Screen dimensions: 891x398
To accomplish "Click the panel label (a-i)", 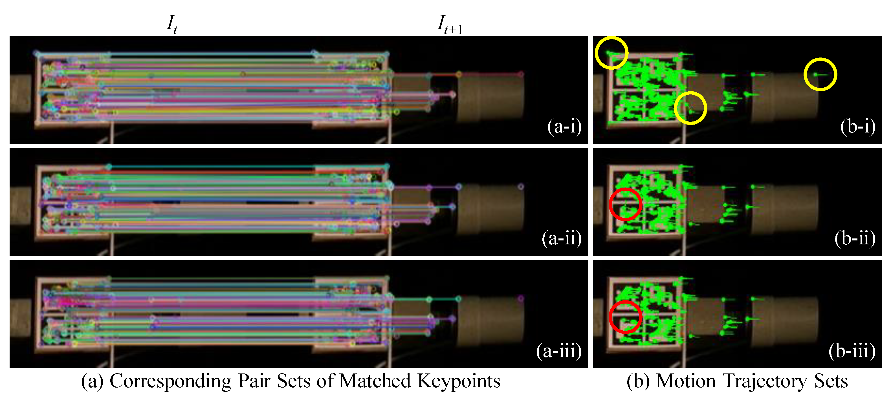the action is point(564,126).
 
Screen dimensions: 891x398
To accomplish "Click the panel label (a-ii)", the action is point(561,238).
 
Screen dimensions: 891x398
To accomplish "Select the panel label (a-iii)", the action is point(559,351).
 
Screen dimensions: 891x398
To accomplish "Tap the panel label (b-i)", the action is point(858,126).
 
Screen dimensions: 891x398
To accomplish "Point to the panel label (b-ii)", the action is point(855,238).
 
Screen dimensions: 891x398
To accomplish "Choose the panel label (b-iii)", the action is point(852,351).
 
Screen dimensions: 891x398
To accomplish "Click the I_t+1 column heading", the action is point(449,25).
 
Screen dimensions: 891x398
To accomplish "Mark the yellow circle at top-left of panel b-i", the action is point(611,53).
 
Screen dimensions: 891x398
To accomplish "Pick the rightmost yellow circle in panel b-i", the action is point(820,75).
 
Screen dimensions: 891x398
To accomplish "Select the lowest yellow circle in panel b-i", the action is point(690,108).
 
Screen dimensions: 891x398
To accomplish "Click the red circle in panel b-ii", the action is point(625,204).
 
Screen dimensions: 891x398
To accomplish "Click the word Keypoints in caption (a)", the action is point(459,381).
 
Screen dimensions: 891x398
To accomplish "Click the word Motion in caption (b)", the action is point(686,381).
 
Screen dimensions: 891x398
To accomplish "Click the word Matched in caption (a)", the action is point(375,381).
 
